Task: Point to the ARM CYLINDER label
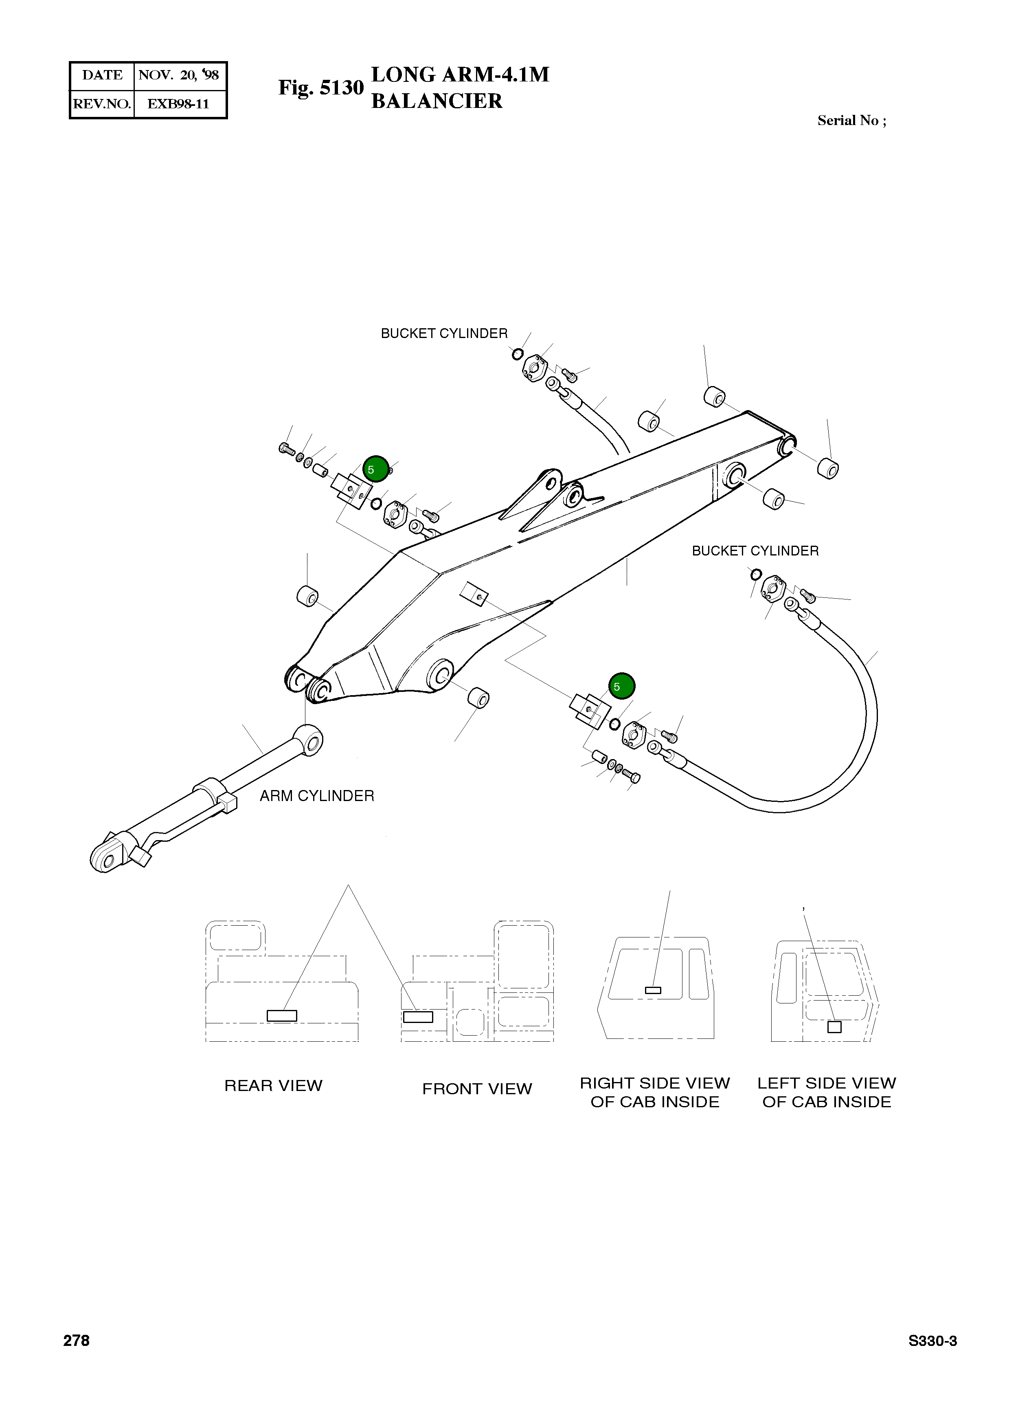pos(316,796)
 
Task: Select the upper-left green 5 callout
pos(375,469)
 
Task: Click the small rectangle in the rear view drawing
pos(282,1016)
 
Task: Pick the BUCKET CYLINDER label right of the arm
pos(755,551)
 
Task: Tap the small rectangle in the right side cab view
pos(653,990)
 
